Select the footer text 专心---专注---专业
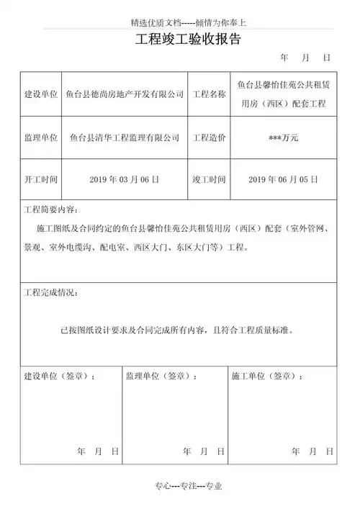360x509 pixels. [x=185, y=487]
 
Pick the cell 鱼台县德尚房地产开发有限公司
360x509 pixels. [x=125, y=94]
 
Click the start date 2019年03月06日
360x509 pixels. [x=125, y=179]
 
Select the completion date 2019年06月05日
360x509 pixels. [x=282, y=179]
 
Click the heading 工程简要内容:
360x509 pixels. [x=50, y=211]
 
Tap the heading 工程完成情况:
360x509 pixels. [x=50, y=294]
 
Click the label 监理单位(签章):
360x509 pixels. [x=161, y=376]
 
